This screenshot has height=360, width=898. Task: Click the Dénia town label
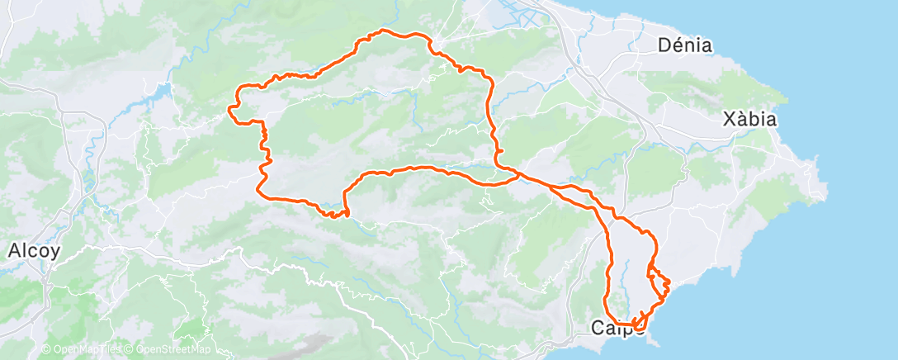point(685,45)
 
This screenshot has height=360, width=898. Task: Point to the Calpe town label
point(617,329)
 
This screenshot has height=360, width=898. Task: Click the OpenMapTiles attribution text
point(86,349)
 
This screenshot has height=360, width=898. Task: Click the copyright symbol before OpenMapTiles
point(45,349)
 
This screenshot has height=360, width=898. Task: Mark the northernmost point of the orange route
point(382,31)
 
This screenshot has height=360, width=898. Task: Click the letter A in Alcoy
point(12,251)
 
